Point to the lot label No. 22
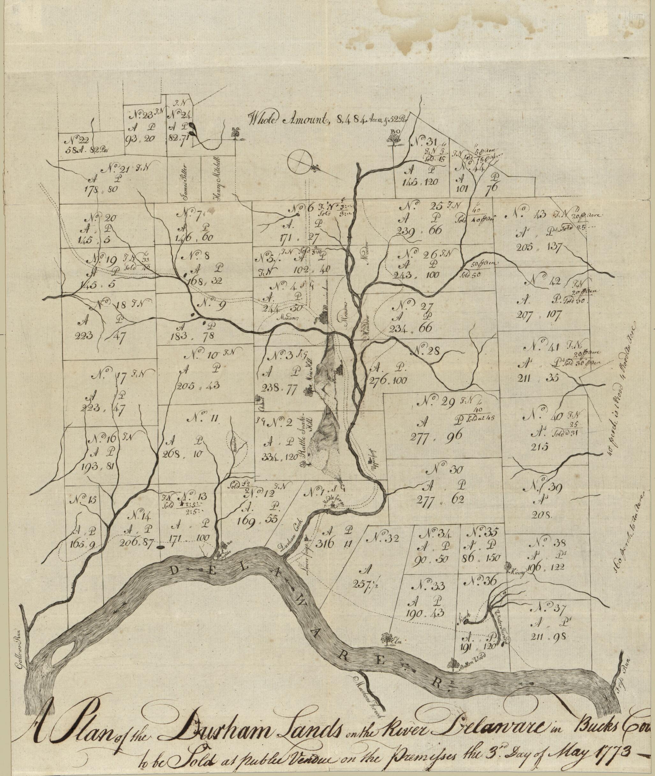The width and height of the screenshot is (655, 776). coord(79,141)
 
